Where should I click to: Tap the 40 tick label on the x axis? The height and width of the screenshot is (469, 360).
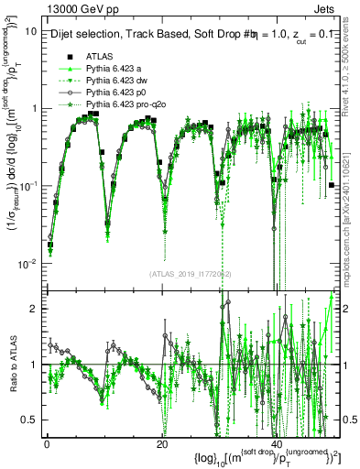pyautogui.click(x=275, y=444)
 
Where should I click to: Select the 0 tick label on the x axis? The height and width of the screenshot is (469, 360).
pyautogui.click(x=47, y=444)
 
